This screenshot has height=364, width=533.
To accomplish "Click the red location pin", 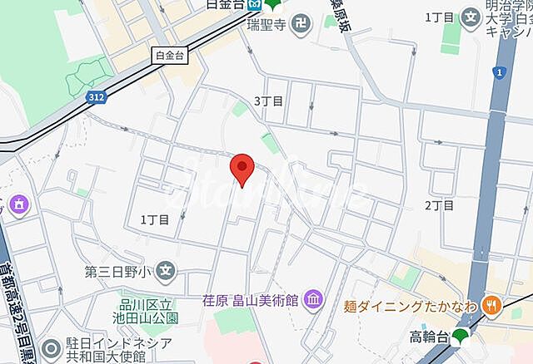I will (x=242, y=169).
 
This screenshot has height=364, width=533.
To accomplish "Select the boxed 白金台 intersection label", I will (x=170, y=57).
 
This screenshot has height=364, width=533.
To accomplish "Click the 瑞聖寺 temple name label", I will (x=267, y=25).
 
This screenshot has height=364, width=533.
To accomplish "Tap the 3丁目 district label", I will (x=268, y=101).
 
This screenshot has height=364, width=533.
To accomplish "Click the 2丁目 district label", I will (x=439, y=205).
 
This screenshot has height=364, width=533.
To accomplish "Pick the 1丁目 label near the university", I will (x=439, y=17).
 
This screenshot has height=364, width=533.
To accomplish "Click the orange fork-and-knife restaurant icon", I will (x=492, y=305).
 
